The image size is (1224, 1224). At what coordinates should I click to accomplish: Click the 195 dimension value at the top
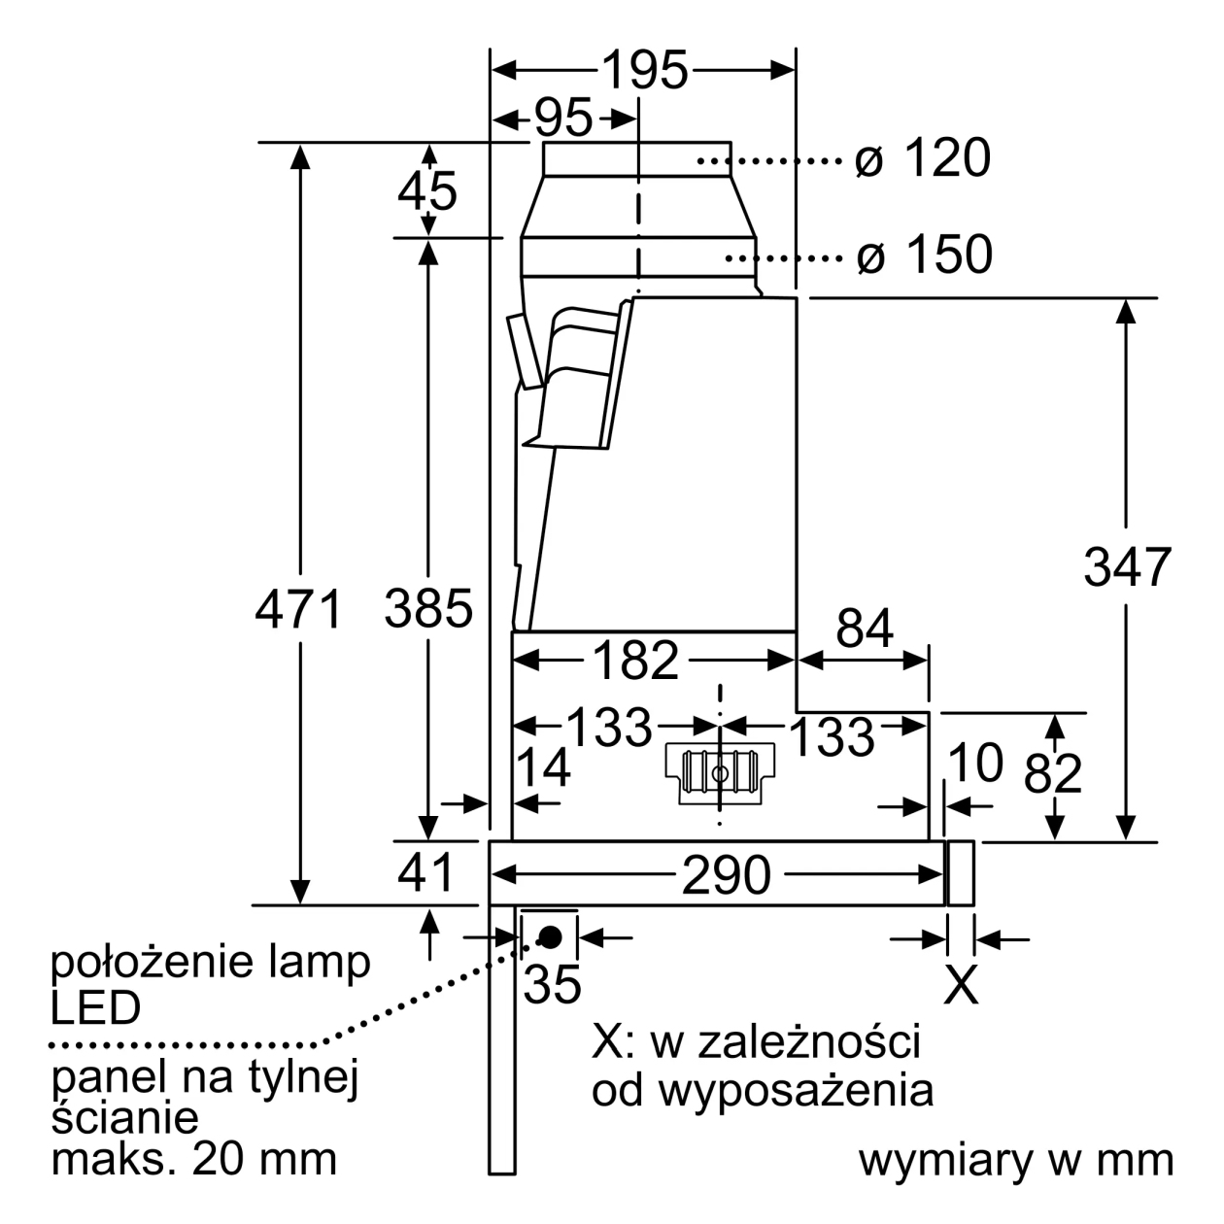pos(644,70)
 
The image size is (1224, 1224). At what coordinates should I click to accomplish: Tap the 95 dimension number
pos(563,119)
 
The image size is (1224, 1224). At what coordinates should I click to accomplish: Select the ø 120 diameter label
pos(922,157)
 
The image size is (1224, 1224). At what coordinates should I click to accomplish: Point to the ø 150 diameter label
pos(924,255)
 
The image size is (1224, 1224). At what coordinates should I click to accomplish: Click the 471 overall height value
pos(298,609)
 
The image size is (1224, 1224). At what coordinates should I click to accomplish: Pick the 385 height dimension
pos(428,609)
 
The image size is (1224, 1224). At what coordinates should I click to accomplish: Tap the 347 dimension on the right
pos(1128,567)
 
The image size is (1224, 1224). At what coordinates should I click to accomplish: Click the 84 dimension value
pos(865,629)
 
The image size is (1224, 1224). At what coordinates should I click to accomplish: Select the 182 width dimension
pos(635,661)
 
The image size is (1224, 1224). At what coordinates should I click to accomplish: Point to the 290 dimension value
pos(726,876)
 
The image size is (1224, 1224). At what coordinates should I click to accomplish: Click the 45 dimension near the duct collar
pos(427,191)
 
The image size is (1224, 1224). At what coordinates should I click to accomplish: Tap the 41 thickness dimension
pos(425,873)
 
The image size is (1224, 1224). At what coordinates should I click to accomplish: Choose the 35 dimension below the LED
pos(552,984)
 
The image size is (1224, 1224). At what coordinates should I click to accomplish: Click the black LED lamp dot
pos(550,936)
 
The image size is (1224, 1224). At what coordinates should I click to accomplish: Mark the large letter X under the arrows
pos(961,984)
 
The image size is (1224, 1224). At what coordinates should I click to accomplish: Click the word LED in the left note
pos(95,1008)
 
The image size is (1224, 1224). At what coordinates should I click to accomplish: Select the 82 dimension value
pos(1053,773)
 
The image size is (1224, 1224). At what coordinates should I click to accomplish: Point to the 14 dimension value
pos(543,767)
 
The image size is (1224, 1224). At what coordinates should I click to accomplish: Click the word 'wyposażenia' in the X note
pos(796,1090)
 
